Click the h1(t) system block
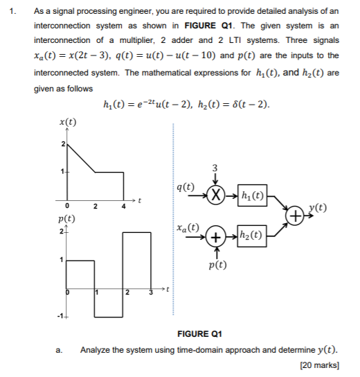coord(252,195)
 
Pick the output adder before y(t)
coord(296,216)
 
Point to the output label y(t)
coord(318,208)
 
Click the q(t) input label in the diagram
coord(186,186)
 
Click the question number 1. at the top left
coord(14,12)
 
